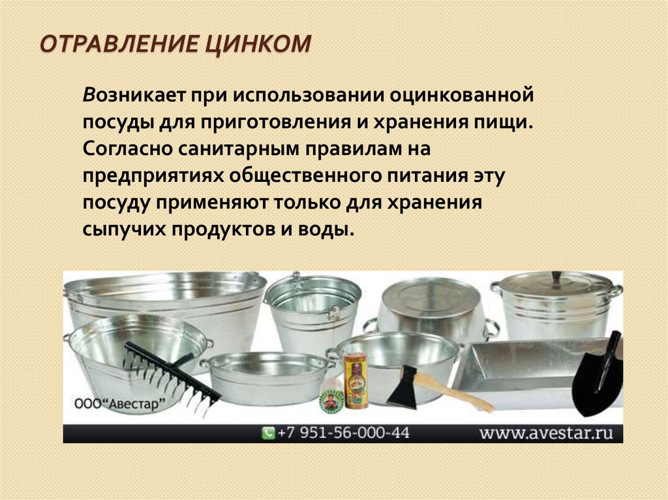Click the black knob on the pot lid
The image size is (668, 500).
pos(556,277)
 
